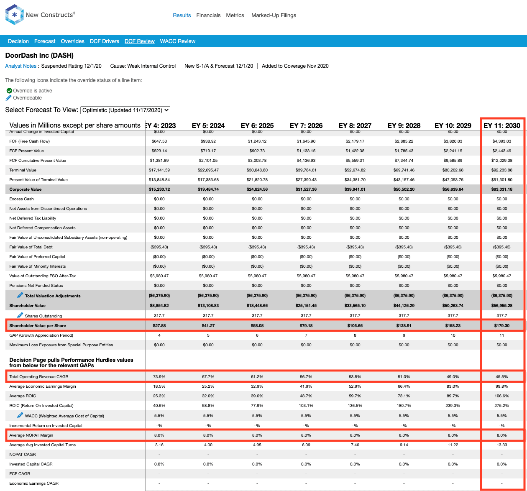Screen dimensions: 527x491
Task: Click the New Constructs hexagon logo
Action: pos(14,15)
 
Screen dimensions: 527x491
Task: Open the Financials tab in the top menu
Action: pos(208,15)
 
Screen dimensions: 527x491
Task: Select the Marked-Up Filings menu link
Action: pos(274,15)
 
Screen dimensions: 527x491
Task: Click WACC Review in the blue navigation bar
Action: pos(177,41)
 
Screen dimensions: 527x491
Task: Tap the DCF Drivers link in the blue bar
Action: pos(104,41)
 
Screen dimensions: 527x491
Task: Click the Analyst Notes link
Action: pos(20,66)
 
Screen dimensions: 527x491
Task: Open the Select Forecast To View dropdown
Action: pos(125,110)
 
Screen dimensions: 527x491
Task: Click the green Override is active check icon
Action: pos(9,90)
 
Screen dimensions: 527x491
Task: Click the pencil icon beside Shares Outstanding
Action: pos(20,315)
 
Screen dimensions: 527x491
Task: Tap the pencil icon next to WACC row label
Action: pos(20,415)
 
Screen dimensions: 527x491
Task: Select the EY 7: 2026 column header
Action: pos(306,125)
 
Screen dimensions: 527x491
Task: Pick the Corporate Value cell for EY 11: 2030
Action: pos(502,189)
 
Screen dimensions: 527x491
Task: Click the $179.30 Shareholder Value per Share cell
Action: pos(502,325)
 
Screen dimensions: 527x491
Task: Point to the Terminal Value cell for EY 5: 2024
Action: pos(208,170)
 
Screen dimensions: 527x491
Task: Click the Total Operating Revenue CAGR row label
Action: pos(39,376)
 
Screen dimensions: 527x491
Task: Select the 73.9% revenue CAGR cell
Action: pos(159,376)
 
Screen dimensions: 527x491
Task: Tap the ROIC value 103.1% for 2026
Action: pos(306,406)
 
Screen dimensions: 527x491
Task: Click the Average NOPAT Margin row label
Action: pos(31,435)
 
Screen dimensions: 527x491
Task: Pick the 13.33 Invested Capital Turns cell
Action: pos(502,445)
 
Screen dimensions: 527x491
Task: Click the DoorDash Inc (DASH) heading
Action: pos(39,55)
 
